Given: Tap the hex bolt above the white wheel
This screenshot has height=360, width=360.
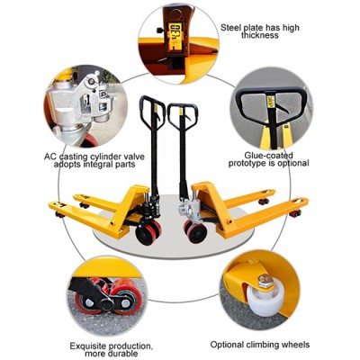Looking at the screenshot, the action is pos(265,281).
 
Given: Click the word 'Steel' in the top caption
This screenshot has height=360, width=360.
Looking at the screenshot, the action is pos(231,28).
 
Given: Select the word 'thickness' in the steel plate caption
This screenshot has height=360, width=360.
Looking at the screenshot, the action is pos(259,35).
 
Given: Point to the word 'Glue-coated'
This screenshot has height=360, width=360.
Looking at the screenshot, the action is pos(268,156).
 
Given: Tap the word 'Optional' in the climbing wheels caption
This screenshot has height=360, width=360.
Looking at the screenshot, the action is pos(227,345).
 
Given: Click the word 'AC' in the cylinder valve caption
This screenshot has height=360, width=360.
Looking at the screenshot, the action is pos(50,157).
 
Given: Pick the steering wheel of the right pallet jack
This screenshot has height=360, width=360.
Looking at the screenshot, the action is pos(195,231).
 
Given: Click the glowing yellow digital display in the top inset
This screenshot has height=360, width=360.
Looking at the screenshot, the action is pos(175,36).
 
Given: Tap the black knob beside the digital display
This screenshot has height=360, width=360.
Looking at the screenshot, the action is pos(159,30).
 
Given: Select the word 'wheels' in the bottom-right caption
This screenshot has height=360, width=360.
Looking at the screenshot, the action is pos(296,345).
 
